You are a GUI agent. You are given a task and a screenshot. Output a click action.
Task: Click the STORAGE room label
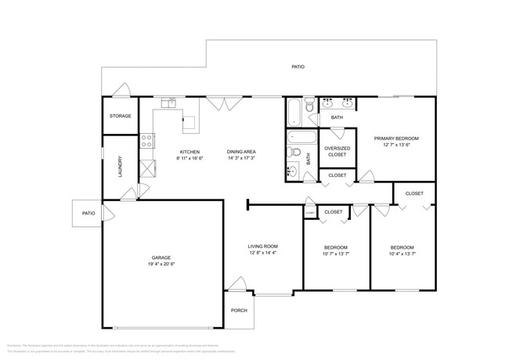(120, 116)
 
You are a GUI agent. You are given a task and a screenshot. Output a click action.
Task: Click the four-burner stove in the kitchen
(146, 142)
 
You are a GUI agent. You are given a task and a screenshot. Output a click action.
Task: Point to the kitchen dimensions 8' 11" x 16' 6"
(190, 158)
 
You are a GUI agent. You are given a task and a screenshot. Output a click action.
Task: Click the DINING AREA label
(242, 152)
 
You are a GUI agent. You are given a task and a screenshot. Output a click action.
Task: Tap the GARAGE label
(161, 257)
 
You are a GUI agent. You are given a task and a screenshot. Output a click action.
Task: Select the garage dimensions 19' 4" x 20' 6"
(161, 264)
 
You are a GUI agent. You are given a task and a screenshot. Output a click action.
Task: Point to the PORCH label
(239, 310)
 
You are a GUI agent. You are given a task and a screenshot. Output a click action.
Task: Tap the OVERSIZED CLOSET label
(337, 151)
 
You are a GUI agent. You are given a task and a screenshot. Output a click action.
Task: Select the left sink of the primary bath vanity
(329, 103)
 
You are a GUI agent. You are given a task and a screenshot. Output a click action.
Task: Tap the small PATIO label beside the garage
(88, 213)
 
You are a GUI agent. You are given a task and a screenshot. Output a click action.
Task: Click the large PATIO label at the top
(298, 67)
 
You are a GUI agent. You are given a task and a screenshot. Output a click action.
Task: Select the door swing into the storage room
(119, 92)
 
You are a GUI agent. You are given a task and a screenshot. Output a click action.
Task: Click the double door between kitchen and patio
(228, 103)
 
